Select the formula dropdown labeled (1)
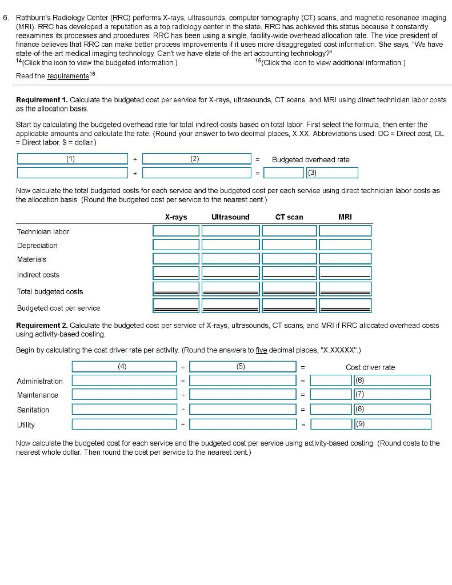coord(72,159)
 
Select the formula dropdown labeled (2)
coord(196,159)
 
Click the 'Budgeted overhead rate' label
coord(310,160)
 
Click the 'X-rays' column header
coord(175,217)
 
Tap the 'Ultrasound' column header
coord(230,217)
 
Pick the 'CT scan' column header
coord(289,217)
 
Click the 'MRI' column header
coord(345,217)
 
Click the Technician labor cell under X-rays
coord(175,231)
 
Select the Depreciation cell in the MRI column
coord(345,245)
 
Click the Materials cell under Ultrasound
coord(230,259)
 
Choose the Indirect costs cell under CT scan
coord(289,274)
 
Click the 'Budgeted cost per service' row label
coord(58,308)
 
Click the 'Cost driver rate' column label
coord(370,367)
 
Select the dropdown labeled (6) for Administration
coord(391,380)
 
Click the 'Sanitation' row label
coord(33,410)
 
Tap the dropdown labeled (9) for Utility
coord(391,424)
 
